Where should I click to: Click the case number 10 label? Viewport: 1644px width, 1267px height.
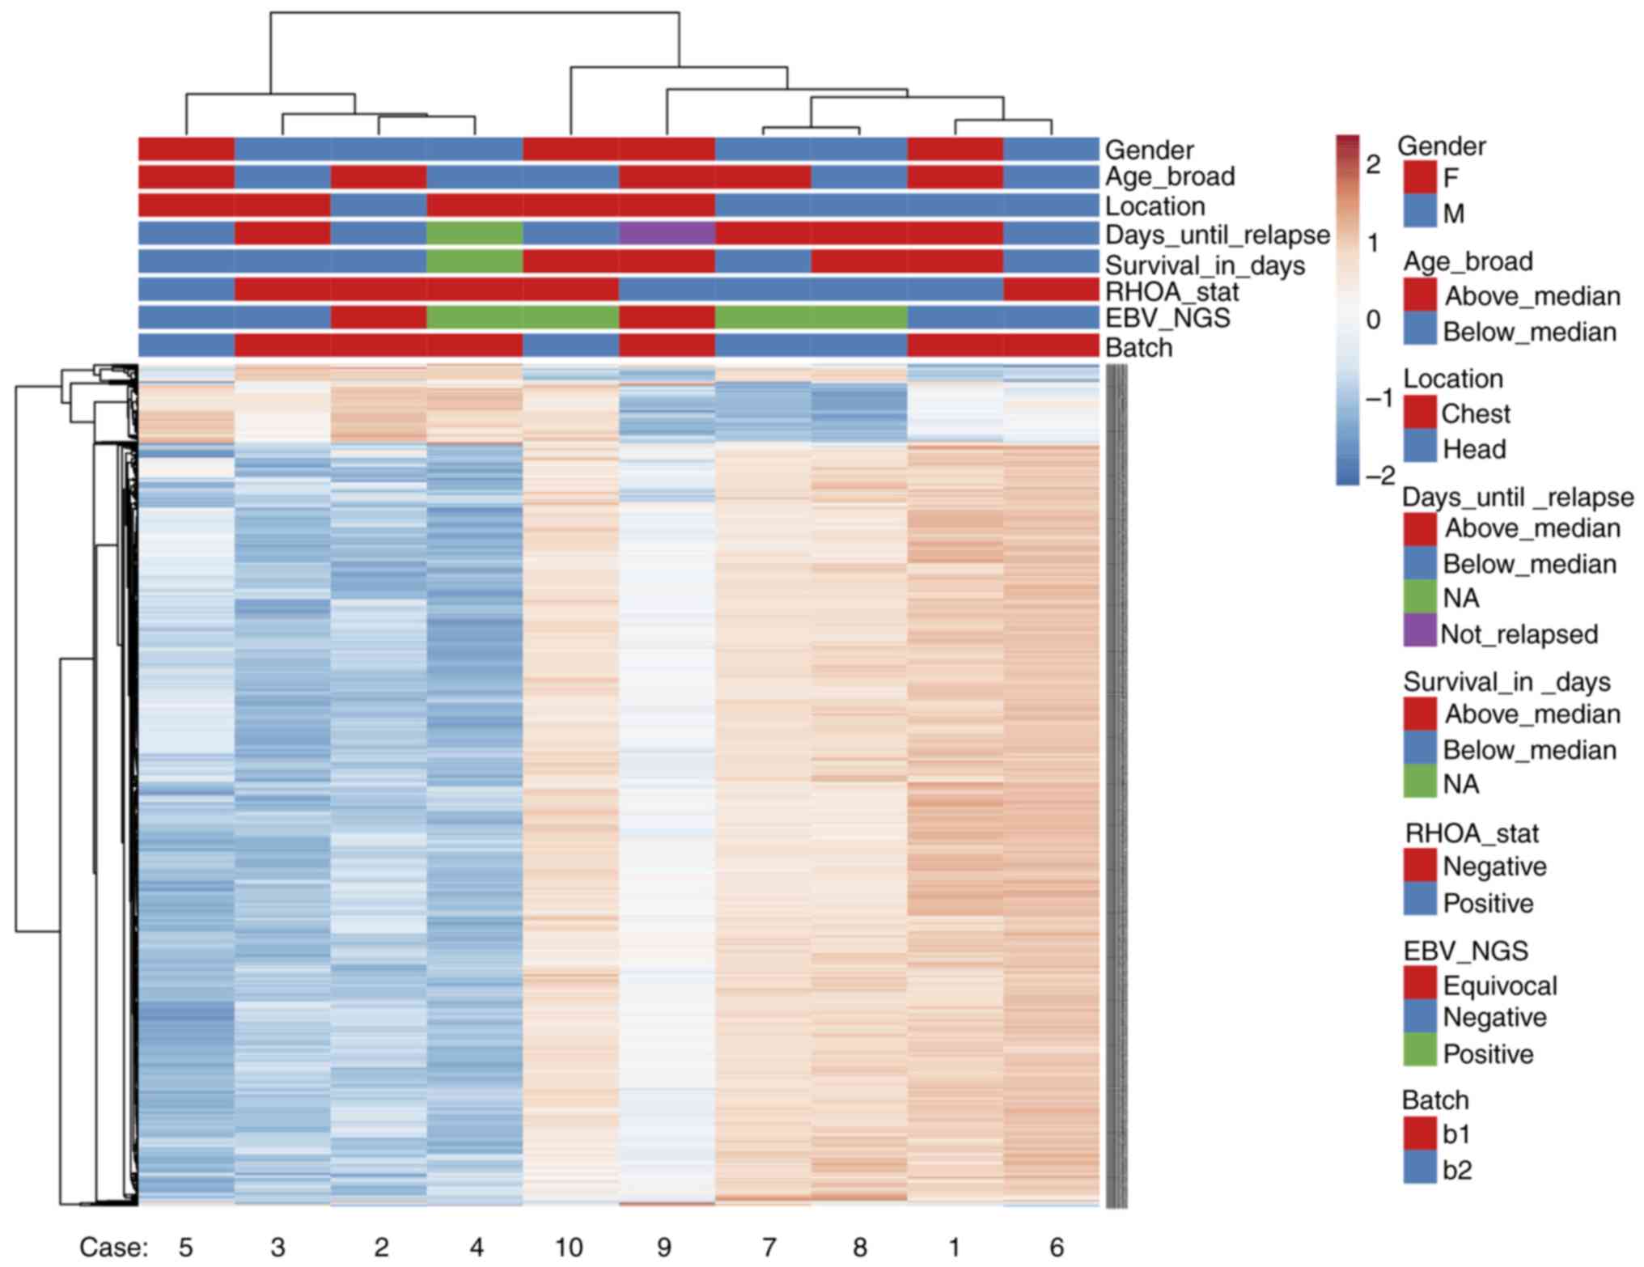(569, 1247)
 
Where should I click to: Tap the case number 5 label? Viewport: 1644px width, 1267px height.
(186, 1247)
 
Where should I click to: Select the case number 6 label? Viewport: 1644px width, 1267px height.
(1057, 1247)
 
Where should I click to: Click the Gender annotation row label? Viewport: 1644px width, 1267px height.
(1149, 150)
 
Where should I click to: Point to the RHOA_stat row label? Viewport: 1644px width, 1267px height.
(1172, 291)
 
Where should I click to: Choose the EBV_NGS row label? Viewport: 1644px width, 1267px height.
(1167, 318)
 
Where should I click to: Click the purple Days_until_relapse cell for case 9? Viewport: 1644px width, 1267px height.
(667, 234)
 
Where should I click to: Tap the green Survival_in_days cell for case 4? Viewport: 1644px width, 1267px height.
(474, 261)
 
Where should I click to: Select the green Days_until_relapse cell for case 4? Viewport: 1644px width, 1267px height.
(474, 234)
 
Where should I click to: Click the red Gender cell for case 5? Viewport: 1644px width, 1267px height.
(186, 150)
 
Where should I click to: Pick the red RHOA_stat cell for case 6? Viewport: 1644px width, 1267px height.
(1051, 290)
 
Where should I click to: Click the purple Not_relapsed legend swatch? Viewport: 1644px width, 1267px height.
(1420, 631)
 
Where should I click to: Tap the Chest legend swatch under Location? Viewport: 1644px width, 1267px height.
(1420, 413)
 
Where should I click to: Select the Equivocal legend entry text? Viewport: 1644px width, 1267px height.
(1499, 985)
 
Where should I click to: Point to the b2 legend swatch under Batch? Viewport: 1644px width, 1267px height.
(1420, 1168)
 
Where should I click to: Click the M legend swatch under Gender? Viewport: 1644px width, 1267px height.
(1420, 212)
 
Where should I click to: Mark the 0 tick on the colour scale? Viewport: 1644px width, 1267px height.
(1372, 320)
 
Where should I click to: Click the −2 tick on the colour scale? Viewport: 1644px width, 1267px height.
(1379, 475)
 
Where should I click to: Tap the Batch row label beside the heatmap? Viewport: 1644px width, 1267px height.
(1138, 348)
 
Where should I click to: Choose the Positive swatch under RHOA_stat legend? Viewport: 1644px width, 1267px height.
(1420, 901)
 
